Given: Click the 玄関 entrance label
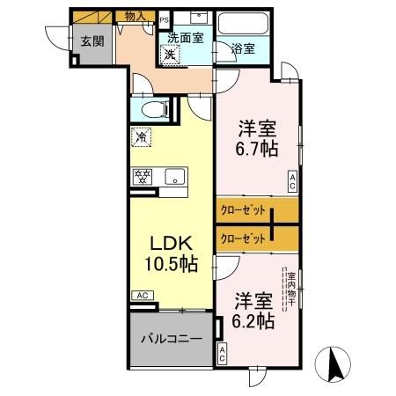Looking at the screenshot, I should coord(92,41).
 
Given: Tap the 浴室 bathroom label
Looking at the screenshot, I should coord(244,49).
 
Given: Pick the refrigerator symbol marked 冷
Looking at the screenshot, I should coord(140,138).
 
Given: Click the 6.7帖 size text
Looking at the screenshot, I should coord(256,148).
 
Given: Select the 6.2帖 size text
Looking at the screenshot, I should coord(253,319).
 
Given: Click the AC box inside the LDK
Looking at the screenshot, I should coord(139,295).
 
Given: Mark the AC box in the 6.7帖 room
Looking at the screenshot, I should coord(292,180).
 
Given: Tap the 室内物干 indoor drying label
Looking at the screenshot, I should coord(290,290).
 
